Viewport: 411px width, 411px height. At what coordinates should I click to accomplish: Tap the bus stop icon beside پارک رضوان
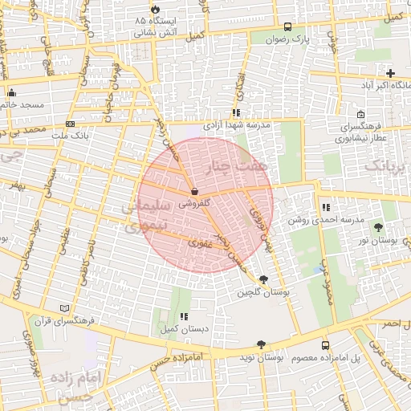(x=288, y=26)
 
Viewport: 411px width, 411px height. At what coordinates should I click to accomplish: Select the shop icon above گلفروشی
(x=196, y=182)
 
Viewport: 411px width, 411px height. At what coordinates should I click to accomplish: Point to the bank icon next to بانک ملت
(x=71, y=124)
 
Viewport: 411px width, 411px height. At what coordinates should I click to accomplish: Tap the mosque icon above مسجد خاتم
(x=12, y=92)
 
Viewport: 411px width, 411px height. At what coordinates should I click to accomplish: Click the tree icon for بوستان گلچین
(x=264, y=279)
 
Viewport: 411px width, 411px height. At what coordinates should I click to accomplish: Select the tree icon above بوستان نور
(x=378, y=228)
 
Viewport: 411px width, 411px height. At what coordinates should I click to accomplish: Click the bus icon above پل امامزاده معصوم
(x=325, y=345)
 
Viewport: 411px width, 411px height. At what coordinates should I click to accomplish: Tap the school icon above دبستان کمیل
(x=184, y=317)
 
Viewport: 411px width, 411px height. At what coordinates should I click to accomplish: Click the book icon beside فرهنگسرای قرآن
(x=65, y=308)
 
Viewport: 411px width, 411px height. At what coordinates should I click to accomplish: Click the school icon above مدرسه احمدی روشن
(x=325, y=208)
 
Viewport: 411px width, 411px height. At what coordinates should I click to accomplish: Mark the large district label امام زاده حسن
(x=71, y=385)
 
